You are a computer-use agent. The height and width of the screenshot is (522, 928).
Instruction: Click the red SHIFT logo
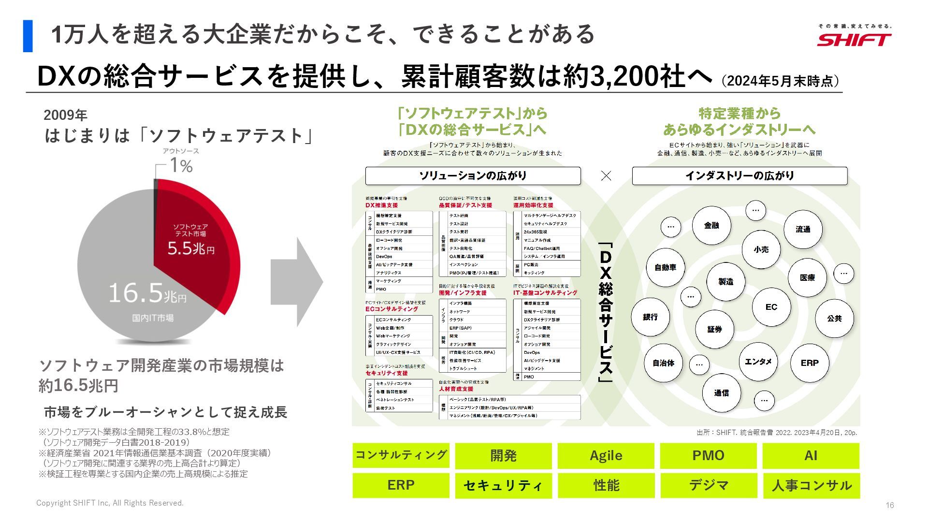pyautogui.click(x=854, y=39)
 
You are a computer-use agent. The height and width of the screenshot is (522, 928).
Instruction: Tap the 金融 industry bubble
pyautogui.click(x=711, y=225)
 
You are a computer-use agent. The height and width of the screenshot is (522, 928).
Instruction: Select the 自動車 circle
pyautogui.click(x=665, y=267)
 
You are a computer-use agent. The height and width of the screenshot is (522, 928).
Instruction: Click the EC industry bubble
pyautogui.click(x=771, y=307)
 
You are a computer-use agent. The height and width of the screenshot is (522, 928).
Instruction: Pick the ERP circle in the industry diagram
pyautogui.click(x=809, y=362)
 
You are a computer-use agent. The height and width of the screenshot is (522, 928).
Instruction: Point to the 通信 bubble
pyautogui.click(x=721, y=393)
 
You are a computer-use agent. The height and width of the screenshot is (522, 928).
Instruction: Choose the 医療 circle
pyautogui.click(x=807, y=277)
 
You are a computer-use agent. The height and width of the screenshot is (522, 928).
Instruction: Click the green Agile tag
pyautogui.click(x=606, y=455)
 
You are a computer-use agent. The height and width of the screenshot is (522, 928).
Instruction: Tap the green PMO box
pyautogui.click(x=708, y=455)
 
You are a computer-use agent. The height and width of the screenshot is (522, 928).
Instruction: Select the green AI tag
pyautogui.click(x=811, y=455)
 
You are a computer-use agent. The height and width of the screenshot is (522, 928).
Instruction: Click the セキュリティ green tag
pyautogui.click(x=503, y=485)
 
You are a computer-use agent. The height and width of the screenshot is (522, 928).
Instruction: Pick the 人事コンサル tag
pyautogui.click(x=811, y=485)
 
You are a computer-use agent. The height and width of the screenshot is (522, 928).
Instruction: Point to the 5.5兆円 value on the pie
pyautogui.click(x=191, y=248)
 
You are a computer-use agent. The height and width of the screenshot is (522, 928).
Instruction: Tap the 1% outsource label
pyautogui.click(x=181, y=166)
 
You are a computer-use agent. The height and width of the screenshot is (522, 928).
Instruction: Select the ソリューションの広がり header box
pyautogui.click(x=473, y=176)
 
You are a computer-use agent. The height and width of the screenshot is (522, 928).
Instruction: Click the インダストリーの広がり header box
pyautogui.click(x=739, y=176)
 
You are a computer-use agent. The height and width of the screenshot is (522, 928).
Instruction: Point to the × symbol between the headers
pyautogui.click(x=606, y=176)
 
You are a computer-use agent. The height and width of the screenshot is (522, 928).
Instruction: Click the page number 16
pyautogui.click(x=890, y=505)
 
